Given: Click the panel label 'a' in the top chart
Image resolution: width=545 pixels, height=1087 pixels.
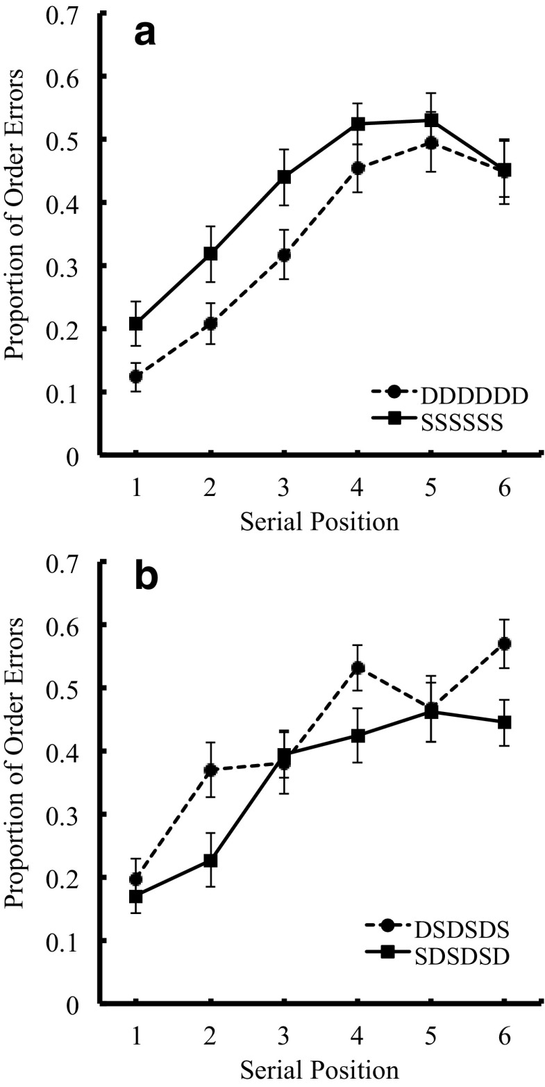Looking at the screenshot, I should coord(144,33).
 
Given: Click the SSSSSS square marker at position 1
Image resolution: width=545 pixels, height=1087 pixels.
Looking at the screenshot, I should coord(136,324).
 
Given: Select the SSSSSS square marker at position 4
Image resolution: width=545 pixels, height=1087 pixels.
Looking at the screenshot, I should coord(358,124).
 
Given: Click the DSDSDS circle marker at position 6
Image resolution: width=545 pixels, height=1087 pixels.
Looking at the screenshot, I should coord(505,644).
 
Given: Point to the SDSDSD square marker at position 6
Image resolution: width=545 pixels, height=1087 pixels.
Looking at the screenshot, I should coord(505,722).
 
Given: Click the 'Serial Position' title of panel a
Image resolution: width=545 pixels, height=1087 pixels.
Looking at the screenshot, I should coord(319,522).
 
